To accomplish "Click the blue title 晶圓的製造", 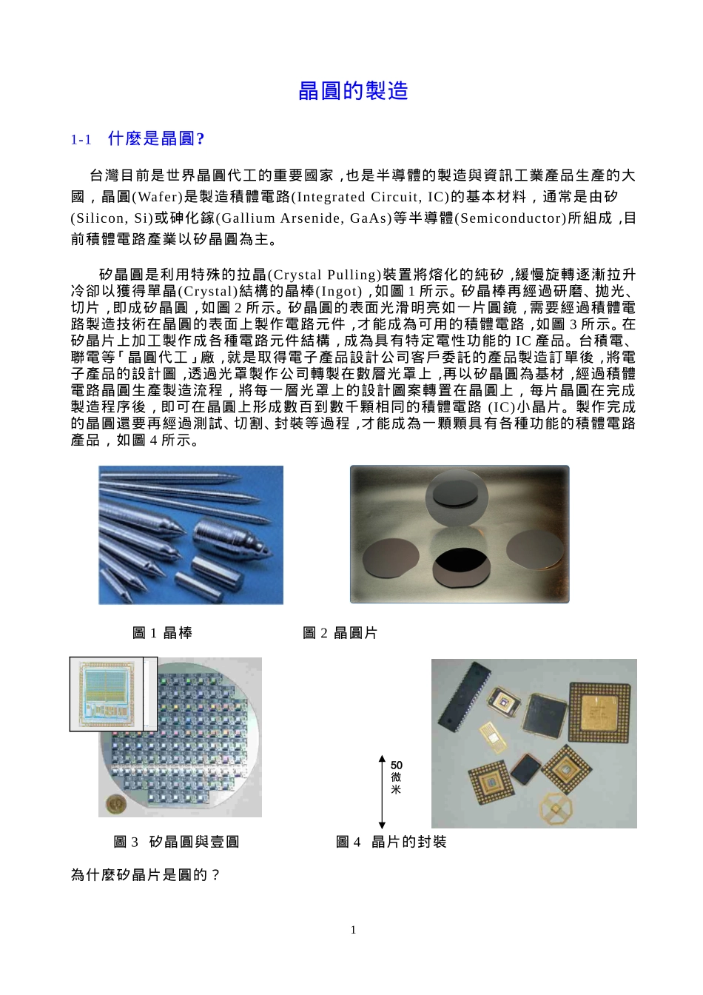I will [353, 91].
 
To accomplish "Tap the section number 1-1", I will [81, 140].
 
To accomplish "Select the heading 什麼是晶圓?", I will [156, 138].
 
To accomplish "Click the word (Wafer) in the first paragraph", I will [157, 197].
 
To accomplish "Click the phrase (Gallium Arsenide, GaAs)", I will [303, 218].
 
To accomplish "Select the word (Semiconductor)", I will [511, 218].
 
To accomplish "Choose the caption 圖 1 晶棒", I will [162, 633].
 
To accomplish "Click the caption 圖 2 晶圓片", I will [340, 633].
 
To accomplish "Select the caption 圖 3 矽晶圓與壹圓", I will [176, 842].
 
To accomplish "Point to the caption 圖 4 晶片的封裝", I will [391, 842].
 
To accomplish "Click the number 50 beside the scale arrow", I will [397, 765].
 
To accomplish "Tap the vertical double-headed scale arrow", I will [382, 792].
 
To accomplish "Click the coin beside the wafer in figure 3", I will [115, 804].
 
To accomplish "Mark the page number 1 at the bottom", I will [353, 930].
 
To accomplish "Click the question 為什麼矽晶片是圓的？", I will [146, 875].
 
